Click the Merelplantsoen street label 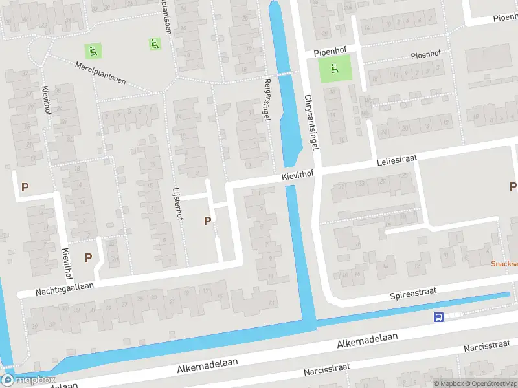point(100,74)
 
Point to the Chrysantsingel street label point(311,122)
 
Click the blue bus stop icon point(438,317)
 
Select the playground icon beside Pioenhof point(335,69)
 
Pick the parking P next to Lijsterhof point(207,221)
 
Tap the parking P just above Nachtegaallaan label point(88,257)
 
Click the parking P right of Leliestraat point(513,187)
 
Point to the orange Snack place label point(504,264)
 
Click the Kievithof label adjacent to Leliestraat point(297,175)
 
